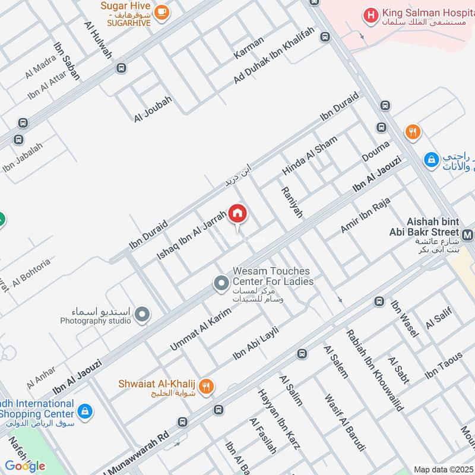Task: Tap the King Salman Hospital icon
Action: pos(371,16)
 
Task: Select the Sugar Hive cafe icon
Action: pos(161,12)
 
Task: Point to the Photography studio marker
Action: pos(142,315)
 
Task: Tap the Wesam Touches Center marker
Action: pos(221,283)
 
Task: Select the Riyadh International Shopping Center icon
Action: pos(85,410)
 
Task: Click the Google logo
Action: pos(26,466)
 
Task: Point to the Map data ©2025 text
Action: pos(442,469)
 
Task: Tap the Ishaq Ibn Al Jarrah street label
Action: pos(191,235)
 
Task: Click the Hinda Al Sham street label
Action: pos(309,156)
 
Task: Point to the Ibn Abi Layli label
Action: pos(255,343)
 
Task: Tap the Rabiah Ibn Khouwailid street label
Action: pos(375,370)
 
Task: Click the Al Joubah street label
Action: pos(153,109)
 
